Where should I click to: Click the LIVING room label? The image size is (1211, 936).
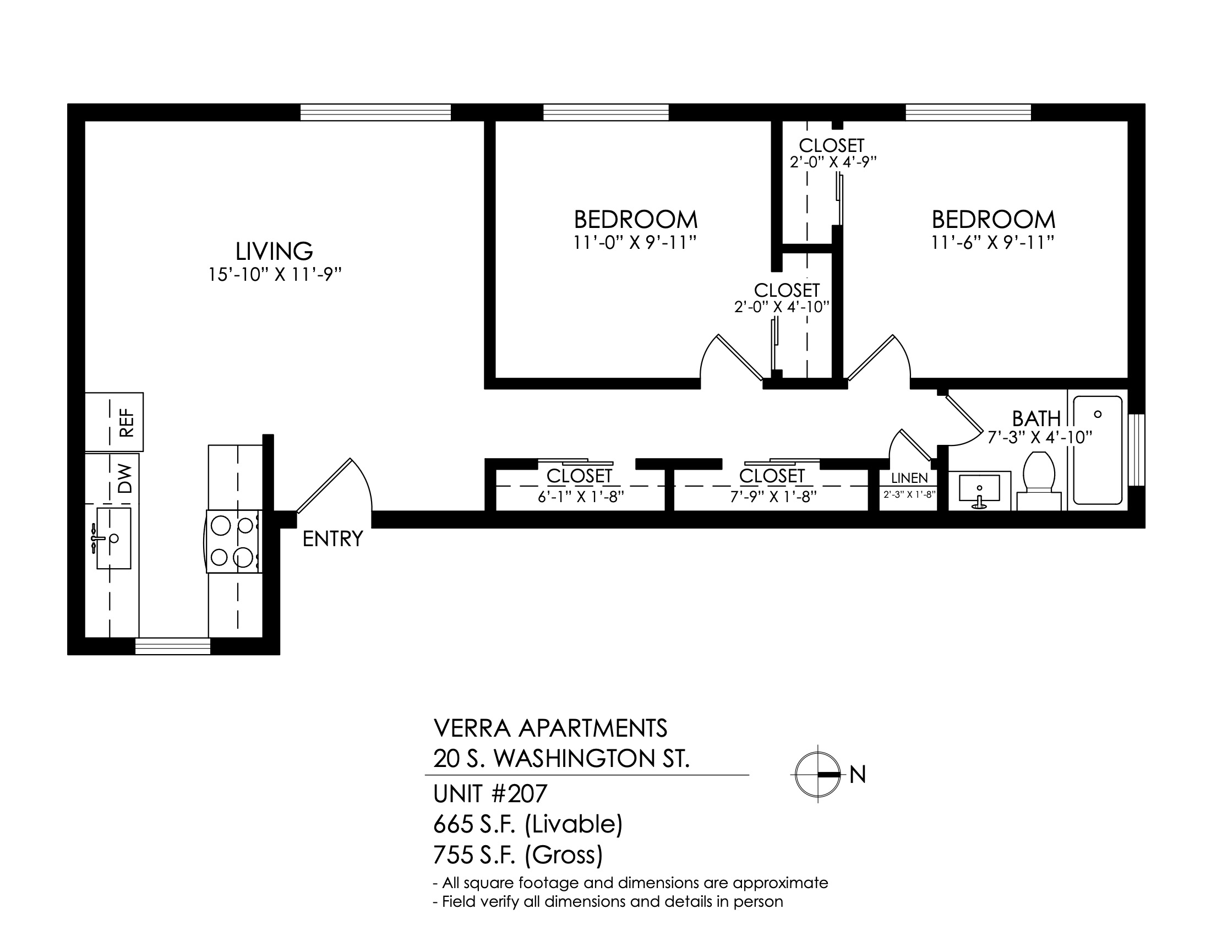(x=274, y=251)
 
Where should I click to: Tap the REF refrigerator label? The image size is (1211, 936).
(x=127, y=422)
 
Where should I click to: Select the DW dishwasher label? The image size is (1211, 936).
(x=127, y=479)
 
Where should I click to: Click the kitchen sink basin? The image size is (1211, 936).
(x=114, y=538)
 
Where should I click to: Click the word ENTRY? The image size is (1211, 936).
(x=332, y=539)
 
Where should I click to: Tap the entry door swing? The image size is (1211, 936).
(x=334, y=485)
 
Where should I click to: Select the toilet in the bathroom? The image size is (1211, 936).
(x=1039, y=481)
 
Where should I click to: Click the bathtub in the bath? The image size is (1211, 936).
(x=1098, y=450)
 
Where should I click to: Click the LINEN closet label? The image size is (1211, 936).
(x=909, y=478)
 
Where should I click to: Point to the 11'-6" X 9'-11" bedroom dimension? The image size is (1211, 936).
(x=992, y=243)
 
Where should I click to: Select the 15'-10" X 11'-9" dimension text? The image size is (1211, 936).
(x=275, y=275)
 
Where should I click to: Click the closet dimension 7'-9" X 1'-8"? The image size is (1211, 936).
(x=773, y=497)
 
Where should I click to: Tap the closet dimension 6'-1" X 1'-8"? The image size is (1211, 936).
(x=581, y=497)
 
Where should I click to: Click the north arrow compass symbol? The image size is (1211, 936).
(x=817, y=775)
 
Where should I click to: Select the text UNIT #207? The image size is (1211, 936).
(x=490, y=794)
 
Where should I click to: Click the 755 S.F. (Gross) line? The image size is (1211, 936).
(x=518, y=855)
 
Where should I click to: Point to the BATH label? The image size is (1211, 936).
(x=1037, y=418)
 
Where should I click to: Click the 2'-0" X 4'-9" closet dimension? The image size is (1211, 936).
(x=833, y=162)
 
